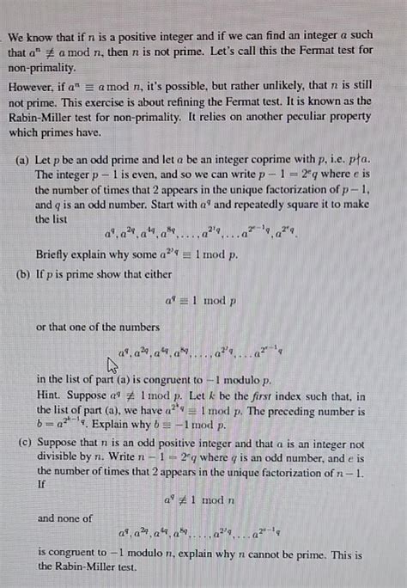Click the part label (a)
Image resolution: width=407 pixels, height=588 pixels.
(24, 160)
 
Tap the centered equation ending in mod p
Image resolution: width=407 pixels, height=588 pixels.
(202, 300)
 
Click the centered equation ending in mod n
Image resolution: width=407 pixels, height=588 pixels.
(202, 499)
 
